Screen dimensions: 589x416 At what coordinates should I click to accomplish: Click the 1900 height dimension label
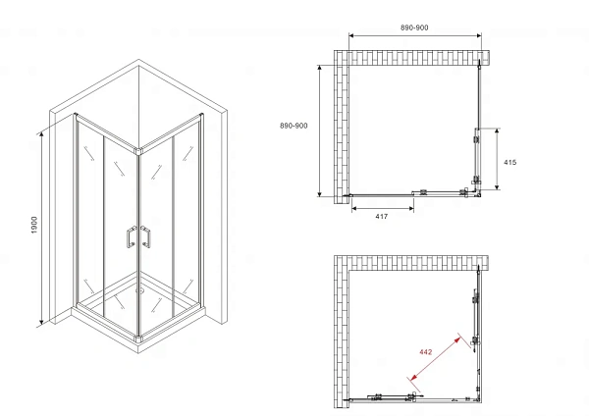(34, 225)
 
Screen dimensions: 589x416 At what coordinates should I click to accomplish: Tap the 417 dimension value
(381, 216)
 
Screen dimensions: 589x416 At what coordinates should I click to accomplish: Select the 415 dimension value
(509, 162)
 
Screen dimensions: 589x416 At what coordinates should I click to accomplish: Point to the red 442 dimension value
(426, 352)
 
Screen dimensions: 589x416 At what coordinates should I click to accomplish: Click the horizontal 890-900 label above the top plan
(414, 27)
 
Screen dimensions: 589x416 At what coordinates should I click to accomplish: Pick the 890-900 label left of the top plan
(294, 126)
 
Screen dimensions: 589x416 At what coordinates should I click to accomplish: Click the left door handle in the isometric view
(131, 236)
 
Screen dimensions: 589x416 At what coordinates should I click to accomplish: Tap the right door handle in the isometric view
(145, 236)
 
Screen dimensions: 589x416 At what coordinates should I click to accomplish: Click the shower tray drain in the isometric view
(140, 289)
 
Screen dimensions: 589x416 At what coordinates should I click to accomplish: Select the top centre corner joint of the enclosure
(139, 151)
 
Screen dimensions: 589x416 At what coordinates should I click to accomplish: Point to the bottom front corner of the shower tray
(138, 352)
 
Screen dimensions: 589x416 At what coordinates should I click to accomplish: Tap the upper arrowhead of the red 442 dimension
(457, 340)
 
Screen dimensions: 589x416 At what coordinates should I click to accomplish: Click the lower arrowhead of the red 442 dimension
(414, 377)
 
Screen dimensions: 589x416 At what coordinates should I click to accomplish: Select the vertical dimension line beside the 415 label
(497, 159)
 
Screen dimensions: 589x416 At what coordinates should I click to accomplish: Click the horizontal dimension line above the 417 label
(383, 208)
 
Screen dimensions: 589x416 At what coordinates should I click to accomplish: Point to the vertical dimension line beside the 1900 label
(41, 229)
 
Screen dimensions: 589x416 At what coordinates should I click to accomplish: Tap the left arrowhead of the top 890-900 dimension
(351, 35)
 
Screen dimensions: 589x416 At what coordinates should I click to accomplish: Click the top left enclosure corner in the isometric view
(77, 115)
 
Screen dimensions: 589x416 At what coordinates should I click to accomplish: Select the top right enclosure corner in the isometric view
(201, 115)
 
